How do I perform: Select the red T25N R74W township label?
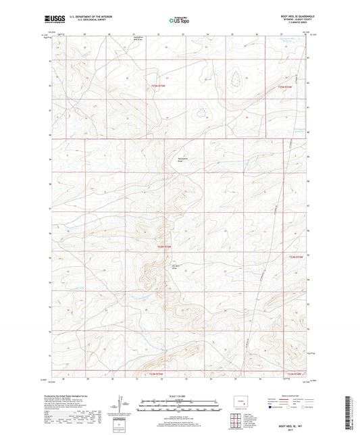(288, 86)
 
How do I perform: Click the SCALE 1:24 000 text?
(180, 396)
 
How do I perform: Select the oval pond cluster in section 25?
(236, 80)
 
